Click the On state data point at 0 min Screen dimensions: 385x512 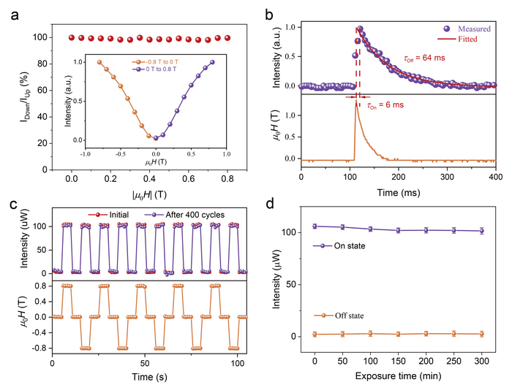[315, 226]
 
